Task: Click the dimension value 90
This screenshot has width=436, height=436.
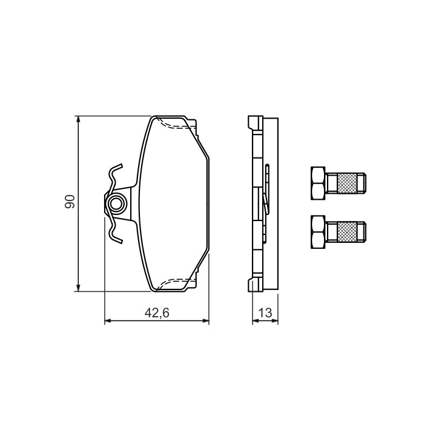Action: coord(70,202)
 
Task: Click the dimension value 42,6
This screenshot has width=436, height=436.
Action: coord(157,313)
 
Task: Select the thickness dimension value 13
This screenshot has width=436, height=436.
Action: coord(265,313)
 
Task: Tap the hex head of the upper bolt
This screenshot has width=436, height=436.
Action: coord(318,183)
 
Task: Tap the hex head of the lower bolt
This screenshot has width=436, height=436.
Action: coord(318,232)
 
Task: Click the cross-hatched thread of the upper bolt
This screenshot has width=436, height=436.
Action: coord(347,183)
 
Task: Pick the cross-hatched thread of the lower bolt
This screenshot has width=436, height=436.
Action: coord(347,232)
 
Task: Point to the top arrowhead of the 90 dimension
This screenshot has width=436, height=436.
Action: coord(79,120)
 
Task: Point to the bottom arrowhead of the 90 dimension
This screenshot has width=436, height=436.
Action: coord(79,288)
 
